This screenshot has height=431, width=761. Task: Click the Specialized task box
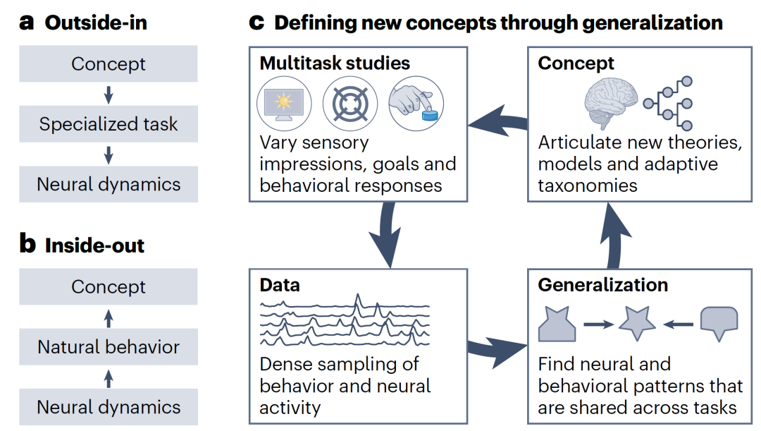(109, 124)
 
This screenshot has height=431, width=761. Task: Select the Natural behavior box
(109, 347)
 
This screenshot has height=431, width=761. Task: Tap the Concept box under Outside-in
(109, 63)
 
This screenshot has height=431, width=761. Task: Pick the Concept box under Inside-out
(109, 286)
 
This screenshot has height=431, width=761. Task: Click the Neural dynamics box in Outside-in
(109, 184)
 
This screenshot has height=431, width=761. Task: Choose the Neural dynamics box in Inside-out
(109, 407)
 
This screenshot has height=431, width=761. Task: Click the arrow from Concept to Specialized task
(109, 95)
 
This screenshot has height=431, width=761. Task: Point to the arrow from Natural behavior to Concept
(109, 318)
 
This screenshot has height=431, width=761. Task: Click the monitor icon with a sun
(284, 104)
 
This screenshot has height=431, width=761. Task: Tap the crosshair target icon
(350, 104)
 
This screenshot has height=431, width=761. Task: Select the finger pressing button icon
(416, 104)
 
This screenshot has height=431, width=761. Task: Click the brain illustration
(611, 103)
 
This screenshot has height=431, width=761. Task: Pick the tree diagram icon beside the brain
(668, 103)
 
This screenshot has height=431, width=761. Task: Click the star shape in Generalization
(637, 323)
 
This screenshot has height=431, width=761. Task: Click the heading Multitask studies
(335, 63)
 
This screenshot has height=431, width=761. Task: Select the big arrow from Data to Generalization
(497, 349)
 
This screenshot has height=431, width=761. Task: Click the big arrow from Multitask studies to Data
(387, 234)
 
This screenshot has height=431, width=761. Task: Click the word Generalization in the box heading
(602, 285)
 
